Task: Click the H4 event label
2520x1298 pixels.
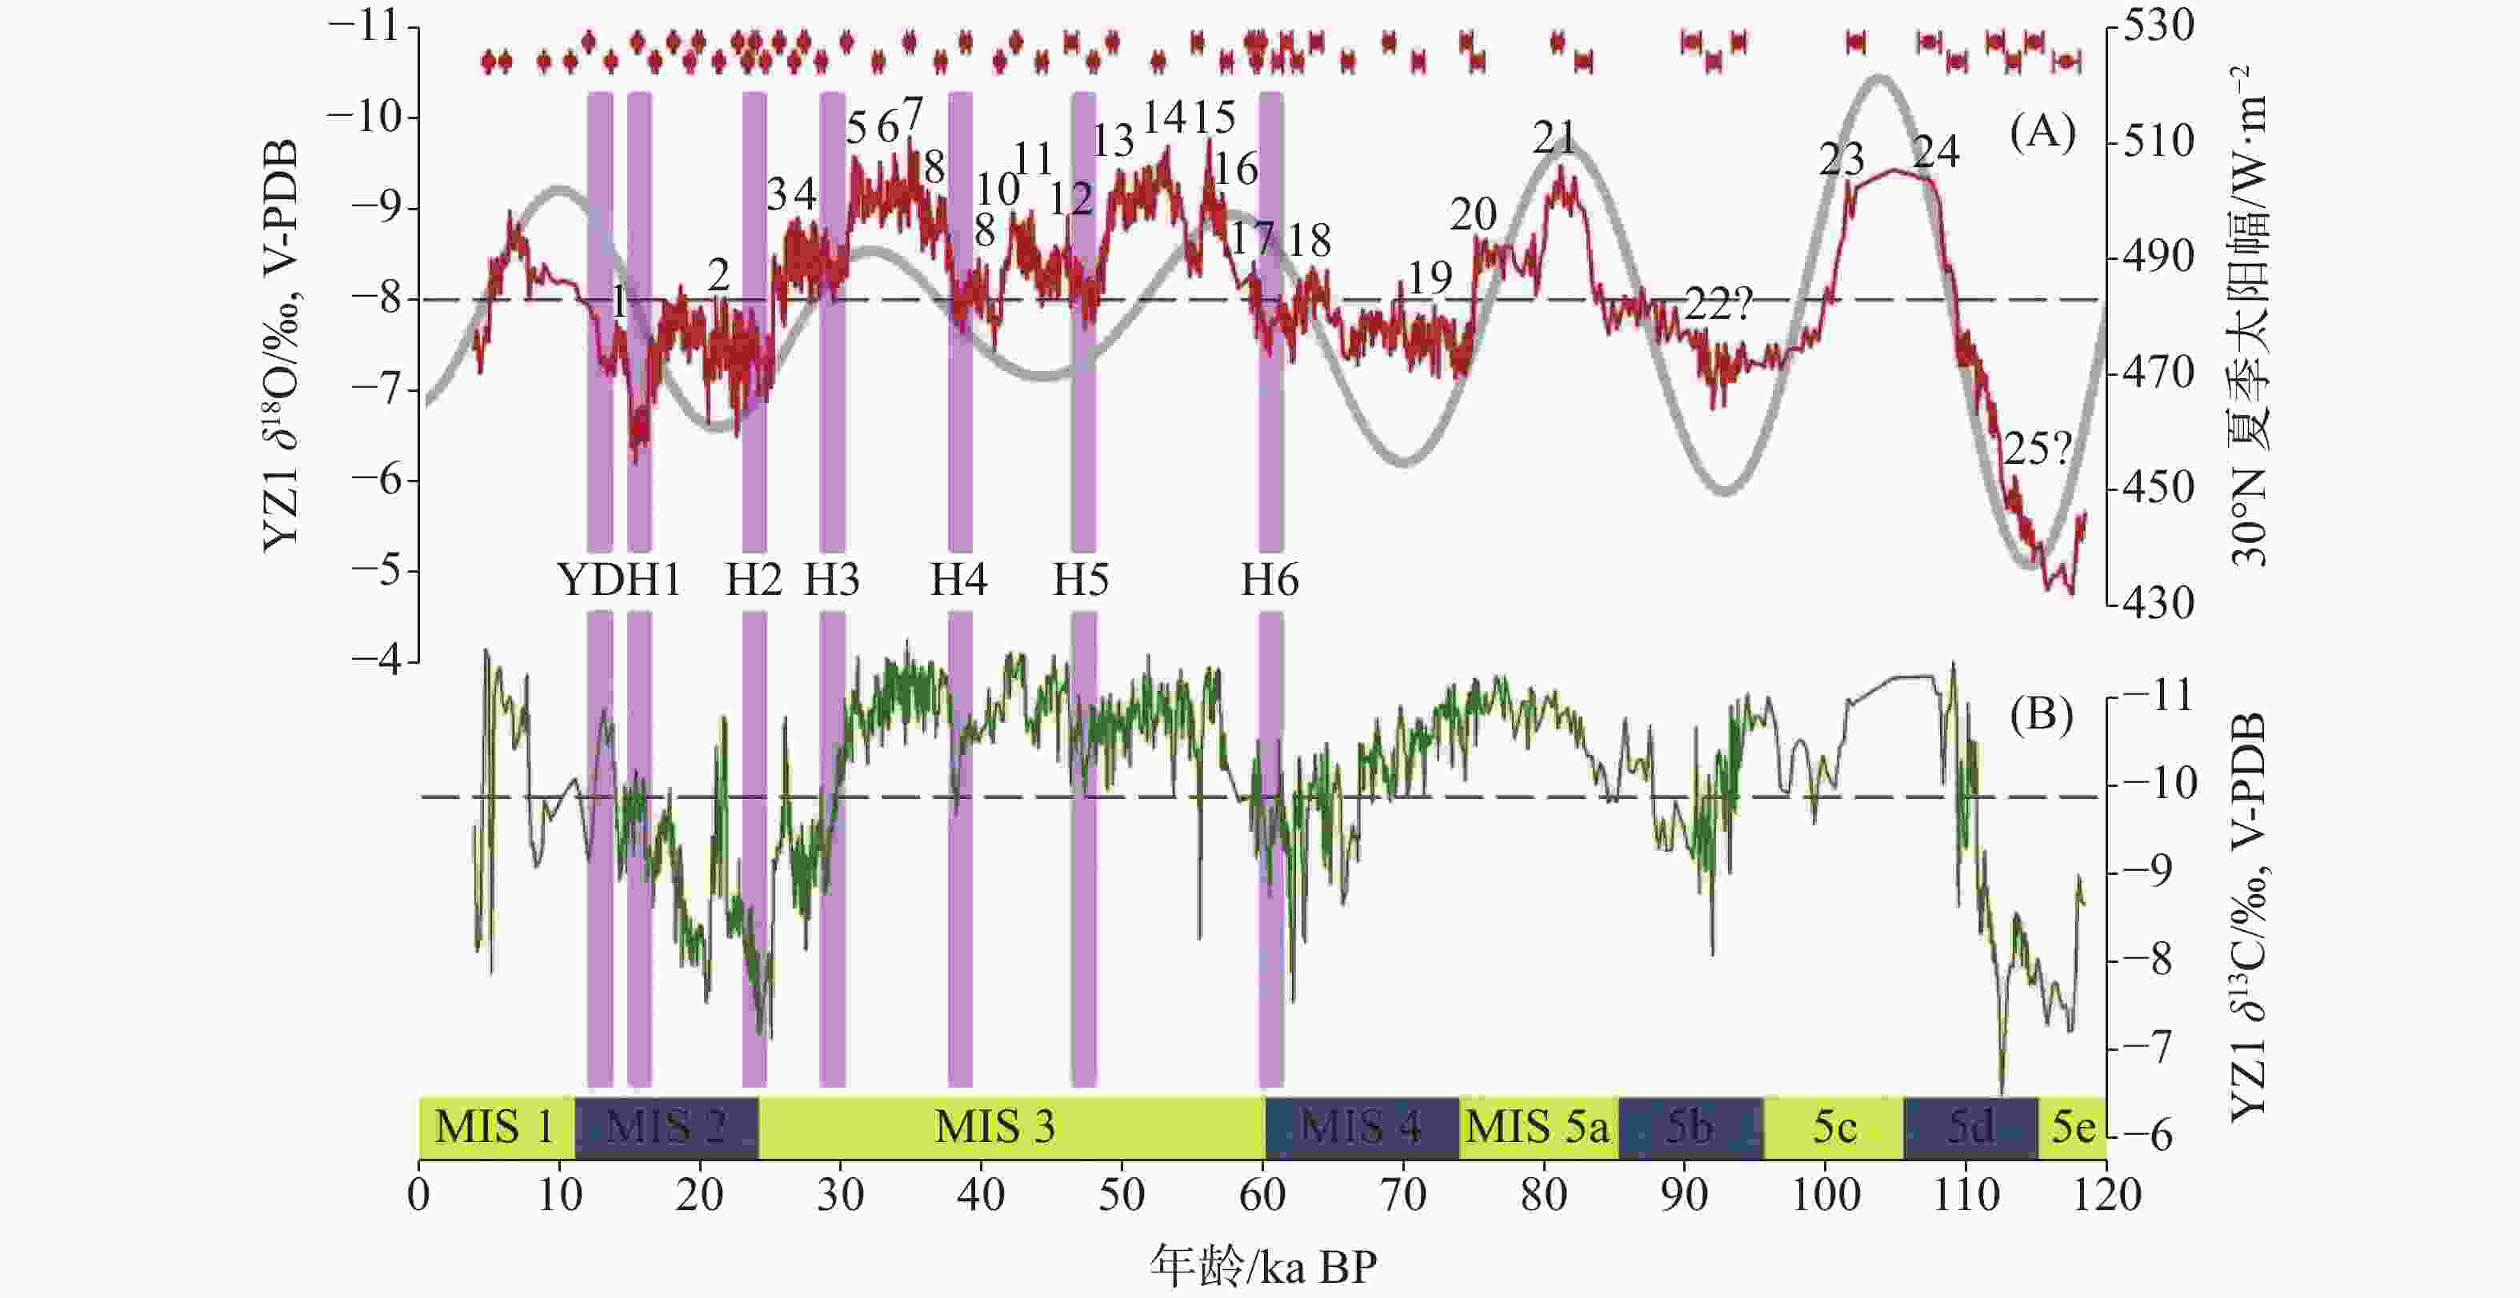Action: point(958,580)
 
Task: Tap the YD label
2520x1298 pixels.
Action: point(590,580)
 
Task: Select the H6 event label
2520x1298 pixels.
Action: point(1270,580)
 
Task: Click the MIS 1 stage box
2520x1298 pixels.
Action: point(495,1128)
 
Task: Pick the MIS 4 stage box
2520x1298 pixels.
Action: point(1361,1128)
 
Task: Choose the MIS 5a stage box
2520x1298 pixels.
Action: point(1537,1128)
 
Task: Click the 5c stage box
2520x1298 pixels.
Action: point(1834,1128)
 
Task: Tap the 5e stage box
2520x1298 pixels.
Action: point(2073,1128)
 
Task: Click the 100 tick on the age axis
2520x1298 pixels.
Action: point(1826,1196)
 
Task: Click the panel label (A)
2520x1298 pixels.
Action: point(2042,132)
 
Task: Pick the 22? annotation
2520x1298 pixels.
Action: point(1718,307)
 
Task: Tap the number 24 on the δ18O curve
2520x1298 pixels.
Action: point(1936,154)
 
